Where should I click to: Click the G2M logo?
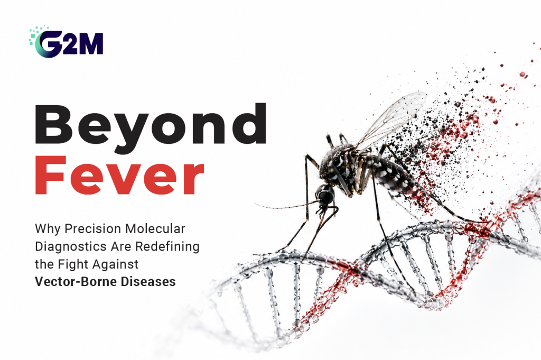(66, 42)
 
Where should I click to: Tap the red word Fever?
(119, 175)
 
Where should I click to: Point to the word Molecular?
(155, 228)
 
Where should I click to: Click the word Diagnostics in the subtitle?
(71, 246)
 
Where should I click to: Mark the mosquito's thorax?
(340, 165)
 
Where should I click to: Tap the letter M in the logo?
(91, 44)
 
